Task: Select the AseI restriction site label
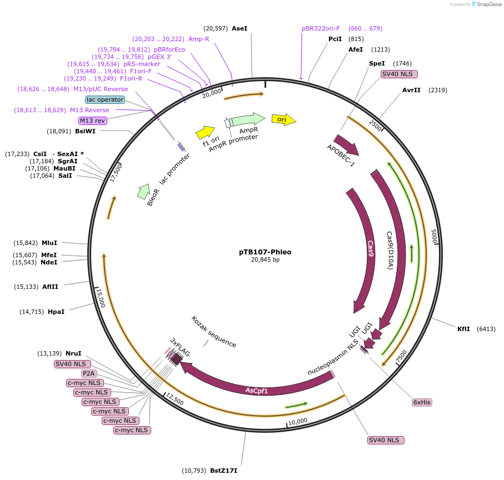(239, 28)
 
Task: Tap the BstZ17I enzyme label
(223, 471)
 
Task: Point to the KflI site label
(463, 329)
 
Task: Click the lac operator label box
(105, 99)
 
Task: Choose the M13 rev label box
(93, 121)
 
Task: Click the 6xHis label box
(422, 402)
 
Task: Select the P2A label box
(89, 373)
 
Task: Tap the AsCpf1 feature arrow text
(257, 391)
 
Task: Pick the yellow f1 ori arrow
(205, 132)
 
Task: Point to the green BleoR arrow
(143, 191)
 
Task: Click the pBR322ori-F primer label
(321, 28)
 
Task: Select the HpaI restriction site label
(56, 312)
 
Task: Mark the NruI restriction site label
(73, 353)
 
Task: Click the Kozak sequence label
(213, 332)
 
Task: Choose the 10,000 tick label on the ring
(298, 421)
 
